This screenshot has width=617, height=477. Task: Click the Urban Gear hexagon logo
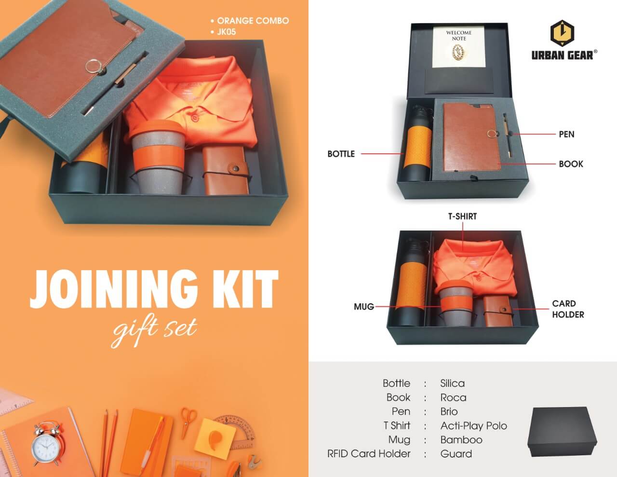click(562, 33)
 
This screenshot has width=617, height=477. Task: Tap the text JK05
click(226, 32)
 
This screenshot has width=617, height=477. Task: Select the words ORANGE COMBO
click(253, 21)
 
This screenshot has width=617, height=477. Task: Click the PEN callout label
click(566, 134)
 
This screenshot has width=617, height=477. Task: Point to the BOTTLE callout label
click(341, 154)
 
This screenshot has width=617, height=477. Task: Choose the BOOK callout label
click(571, 164)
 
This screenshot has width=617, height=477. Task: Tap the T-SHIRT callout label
click(462, 217)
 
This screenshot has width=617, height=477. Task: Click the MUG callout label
click(364, 307)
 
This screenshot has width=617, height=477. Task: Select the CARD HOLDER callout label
click(568, 309)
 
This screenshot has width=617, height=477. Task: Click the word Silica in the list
click(452, 383)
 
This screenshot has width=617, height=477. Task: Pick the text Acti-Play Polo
click(474, 425)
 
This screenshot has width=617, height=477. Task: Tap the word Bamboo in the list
click(461, 440)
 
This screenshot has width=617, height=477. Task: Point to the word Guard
click(456, 454)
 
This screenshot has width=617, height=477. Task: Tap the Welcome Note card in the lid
click(458, 47)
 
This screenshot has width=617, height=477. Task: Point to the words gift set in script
click(155, 330)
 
